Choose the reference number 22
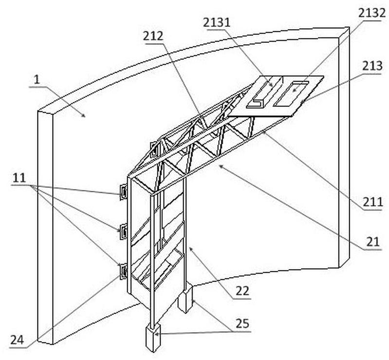(x=242, y=291)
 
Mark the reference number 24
(x=17, y=341)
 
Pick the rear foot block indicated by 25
(x=186, y=299)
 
